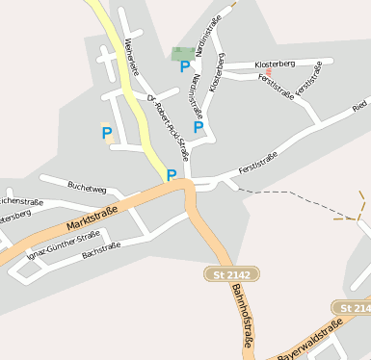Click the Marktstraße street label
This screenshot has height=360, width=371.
tap(93, 219)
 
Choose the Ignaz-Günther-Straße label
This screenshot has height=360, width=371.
tap(63, 244)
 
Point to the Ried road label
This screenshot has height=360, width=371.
tap(359, 103)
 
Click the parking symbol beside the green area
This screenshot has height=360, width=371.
tap(185, 67)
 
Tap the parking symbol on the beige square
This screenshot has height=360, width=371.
tap(107, 133)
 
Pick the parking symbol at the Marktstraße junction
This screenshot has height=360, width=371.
tap(172, 175)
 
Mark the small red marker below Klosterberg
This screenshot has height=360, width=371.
tap(269, 72)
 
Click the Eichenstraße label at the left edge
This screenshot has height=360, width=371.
tap(17, 201)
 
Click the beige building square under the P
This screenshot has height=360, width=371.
tap(110, 140)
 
